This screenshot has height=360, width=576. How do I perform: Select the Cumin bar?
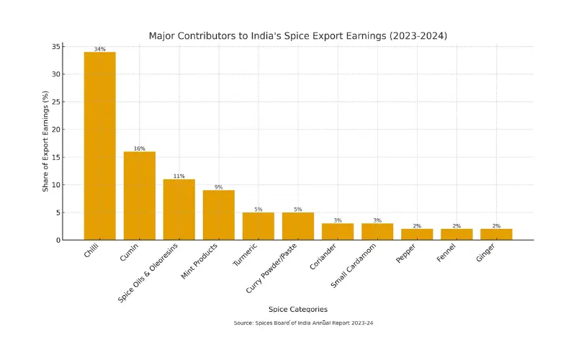pos(139,195)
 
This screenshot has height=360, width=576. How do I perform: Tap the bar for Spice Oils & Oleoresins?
pos(179,209)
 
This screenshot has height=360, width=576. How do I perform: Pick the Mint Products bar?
pos(218,215)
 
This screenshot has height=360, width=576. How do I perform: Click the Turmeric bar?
pos(258,225)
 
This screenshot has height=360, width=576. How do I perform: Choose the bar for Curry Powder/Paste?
pos(297,225)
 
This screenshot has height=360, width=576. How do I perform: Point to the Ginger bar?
pos(496,234)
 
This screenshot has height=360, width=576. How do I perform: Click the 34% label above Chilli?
pos(99,49)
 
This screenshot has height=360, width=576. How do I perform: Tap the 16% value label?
pos(139,148)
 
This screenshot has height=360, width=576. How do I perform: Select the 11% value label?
pos(179,176)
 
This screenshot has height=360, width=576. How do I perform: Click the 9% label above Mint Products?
pos(218,187)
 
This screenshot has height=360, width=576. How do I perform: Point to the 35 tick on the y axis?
pos(55,47)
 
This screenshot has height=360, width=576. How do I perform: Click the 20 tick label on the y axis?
pos(55,130)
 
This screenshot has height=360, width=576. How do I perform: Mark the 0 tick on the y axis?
pos(58,240)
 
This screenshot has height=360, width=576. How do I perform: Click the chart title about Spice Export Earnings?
pos(298,35)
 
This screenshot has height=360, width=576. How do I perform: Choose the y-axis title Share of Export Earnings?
pos(45,143)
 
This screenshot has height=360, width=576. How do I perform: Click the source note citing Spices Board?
pos(303,323)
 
